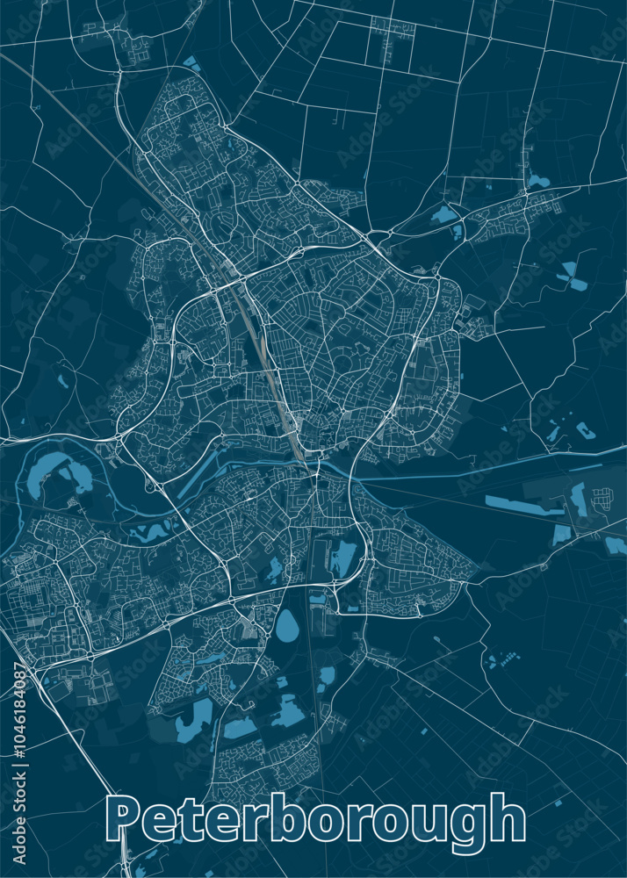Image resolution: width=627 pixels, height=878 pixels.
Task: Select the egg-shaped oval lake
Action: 287,626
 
